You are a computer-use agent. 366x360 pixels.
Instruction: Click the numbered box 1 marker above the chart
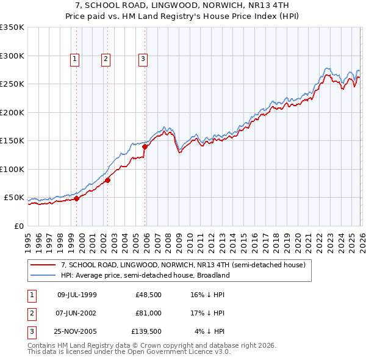tap(74, 59)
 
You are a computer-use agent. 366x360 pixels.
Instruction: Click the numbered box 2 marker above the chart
tap(106, 59)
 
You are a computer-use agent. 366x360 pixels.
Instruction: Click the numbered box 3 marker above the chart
tap(143, 59)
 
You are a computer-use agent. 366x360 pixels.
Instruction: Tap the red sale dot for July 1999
tap(77, 198)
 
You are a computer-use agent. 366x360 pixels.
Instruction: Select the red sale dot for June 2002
tap(107, 180)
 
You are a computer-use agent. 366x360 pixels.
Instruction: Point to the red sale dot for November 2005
tap(145, 146)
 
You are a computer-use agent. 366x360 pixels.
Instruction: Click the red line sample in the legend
tap(43, 265)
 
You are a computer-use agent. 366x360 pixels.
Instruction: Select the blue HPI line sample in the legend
tap(43, 275)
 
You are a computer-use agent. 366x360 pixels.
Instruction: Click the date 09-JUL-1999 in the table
tap(76, 295)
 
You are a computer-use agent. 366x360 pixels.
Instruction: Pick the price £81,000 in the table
tap(149, 313)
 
